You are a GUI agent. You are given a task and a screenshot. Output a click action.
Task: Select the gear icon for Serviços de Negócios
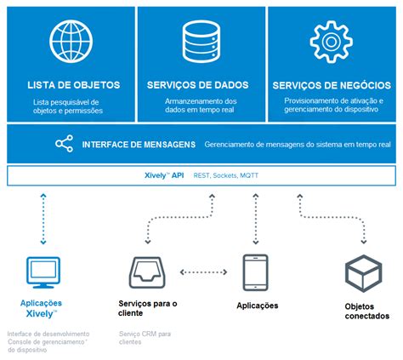(332, 39)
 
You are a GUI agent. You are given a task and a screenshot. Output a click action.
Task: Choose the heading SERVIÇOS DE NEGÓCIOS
(332, 86)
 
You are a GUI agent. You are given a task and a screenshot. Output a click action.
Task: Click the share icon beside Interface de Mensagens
(65, 144)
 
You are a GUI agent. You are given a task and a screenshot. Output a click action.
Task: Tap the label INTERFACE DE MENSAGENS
(139, 145)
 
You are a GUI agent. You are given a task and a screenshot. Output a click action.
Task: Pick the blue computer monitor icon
(41, 272)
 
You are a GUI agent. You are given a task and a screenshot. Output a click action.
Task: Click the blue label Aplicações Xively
(41, 308)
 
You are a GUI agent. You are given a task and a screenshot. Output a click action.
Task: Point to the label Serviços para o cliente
(148, 309)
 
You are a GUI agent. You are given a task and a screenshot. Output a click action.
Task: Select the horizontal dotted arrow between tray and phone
(203, 273)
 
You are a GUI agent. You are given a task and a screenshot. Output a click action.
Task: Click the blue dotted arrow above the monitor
(40, 220)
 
